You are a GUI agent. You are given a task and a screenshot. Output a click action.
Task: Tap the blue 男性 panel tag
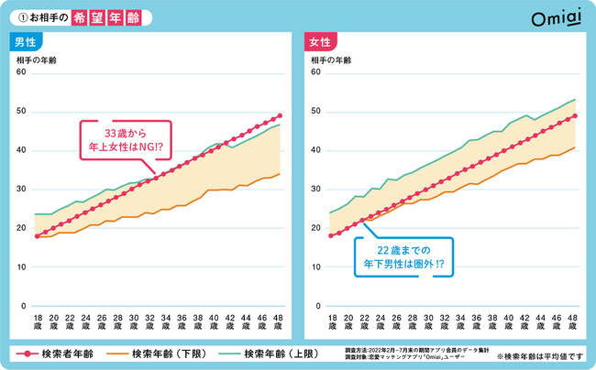point(25,42)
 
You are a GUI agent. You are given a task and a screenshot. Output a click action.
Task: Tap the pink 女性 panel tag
point(320,42)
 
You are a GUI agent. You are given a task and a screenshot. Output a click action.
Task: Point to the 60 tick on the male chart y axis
point(21,72)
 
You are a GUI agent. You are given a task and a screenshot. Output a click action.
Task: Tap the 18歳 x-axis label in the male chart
point(37,320)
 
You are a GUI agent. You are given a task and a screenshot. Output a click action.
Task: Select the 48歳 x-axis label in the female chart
point(574,320)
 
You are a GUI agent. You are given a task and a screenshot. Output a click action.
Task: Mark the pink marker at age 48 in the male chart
point(280,116)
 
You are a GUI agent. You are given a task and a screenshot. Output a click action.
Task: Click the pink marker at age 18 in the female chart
point(332,235)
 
